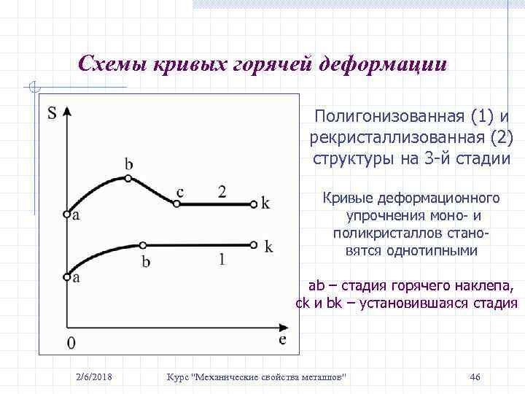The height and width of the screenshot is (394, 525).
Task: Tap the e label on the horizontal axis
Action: pyautogui.click(x=281, y=339)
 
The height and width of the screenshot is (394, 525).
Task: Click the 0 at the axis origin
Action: pyautogui.click(x=71, y=342)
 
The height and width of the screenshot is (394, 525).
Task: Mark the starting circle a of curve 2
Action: pyautogui.click(x=66, y=215)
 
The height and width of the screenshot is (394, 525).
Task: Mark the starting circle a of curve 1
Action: pyautogui.click(x=66, y=277)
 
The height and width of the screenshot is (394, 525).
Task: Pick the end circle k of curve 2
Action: pyautogui.click(x=252, y=204)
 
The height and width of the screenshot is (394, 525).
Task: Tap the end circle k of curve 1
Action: pyautogui.click(x=252, y=245)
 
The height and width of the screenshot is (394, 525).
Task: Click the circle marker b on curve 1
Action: pyautogui.click(x=143, y=245)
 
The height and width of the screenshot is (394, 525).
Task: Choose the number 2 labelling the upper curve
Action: pyautogui.click(x=222, y=191)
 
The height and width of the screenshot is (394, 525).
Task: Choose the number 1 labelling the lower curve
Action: pyautogui.click(x=222, y=258)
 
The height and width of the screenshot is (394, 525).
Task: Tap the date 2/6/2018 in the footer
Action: pyautogui.click(x=94, y=376)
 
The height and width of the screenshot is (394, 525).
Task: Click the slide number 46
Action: pyautogui.click(x=475, y=376)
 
